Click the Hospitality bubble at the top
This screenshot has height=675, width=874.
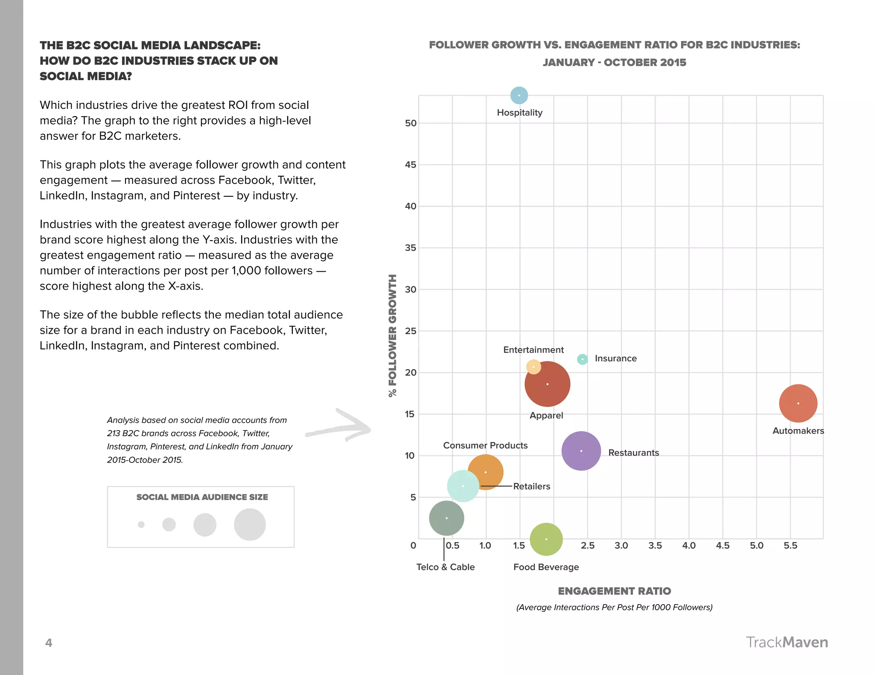(x=519, y=95)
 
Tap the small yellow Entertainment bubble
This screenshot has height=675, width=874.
(x=533, y=367)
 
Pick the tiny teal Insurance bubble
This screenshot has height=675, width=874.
(x=582, y=359)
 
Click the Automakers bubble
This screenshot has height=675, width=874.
(x=798, y=403)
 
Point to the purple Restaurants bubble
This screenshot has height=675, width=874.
(x=581, y=451)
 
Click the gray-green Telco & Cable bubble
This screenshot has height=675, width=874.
(x=446, y=518)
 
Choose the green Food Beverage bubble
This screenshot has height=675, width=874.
(x=546, y=539)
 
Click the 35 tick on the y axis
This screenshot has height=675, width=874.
(x=410, y=248)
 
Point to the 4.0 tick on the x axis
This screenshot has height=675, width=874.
(x=689, y=545)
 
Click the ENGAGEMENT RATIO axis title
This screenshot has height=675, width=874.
(x=614, y=591)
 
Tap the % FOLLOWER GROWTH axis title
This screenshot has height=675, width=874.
(x=392, y=335)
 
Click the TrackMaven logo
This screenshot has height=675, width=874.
(x=787, y=642)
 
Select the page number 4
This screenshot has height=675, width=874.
(x=49, y=643)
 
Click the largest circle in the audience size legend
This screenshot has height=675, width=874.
(x=250, y=524)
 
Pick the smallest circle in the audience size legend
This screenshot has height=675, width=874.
(x=141, y=524)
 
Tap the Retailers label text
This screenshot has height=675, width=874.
(x=531, y=486)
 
